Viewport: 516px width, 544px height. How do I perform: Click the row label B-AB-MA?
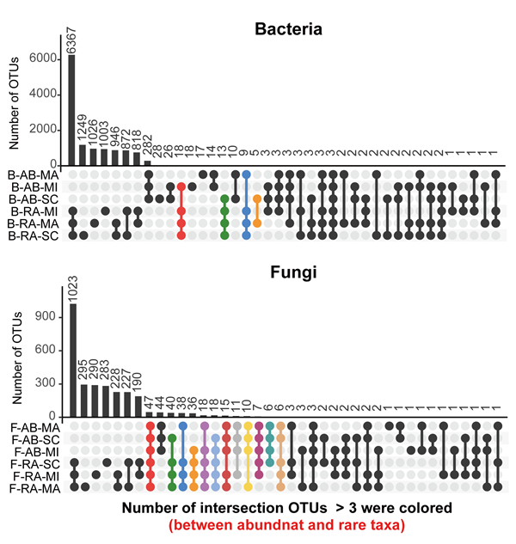tap(35, 174)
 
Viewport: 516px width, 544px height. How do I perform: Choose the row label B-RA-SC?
tap(35, 235)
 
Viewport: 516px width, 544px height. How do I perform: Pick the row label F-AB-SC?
tap(35, 438)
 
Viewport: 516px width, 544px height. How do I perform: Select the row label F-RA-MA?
tap(35, 486)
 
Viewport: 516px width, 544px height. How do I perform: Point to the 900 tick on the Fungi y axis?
tap(50, 317)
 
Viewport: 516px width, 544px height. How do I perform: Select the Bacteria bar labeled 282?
tap(147, 162)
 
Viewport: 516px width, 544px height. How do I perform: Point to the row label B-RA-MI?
tap(35, 211)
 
